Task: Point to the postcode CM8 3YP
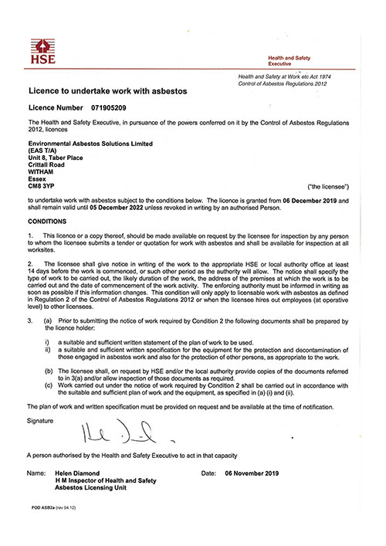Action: pos(43,186)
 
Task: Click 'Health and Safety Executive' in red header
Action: pos(310,61)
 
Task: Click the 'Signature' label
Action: pos(41,422)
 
